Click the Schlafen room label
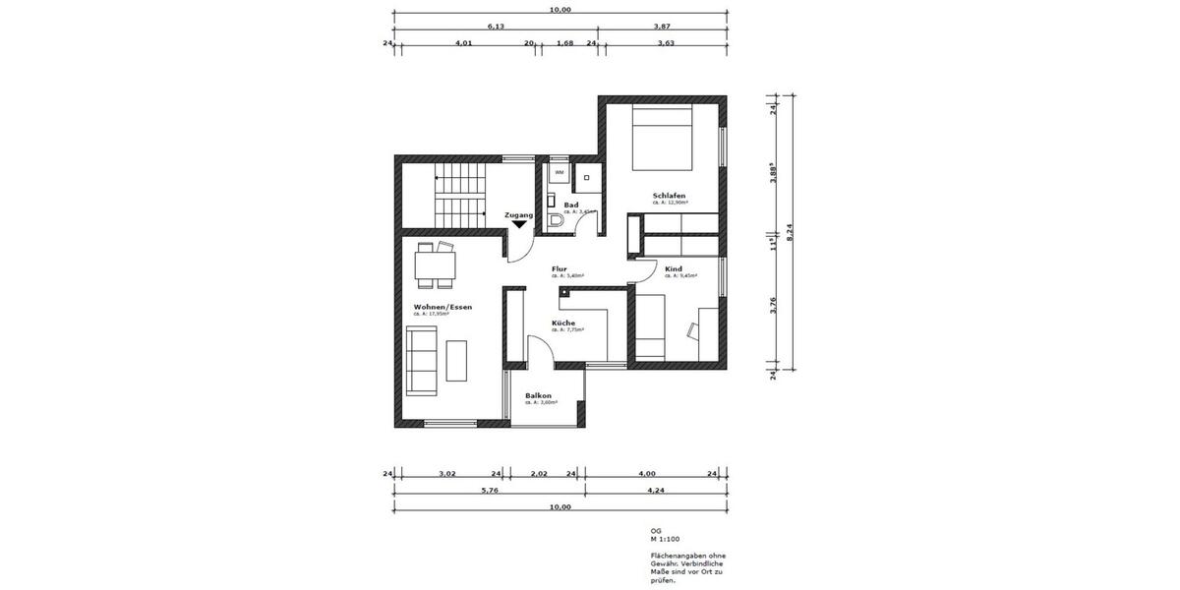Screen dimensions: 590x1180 pos(669,196)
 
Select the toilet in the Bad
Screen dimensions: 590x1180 pos(557,220)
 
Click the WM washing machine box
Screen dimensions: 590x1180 pos(559,173)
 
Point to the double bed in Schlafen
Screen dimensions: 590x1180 pos(664,139)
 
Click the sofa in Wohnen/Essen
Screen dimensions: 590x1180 pos(423,360)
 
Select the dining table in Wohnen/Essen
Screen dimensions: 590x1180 pos(435,265)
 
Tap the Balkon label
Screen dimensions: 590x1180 pos(538,395)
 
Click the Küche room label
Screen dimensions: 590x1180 pos(563,323)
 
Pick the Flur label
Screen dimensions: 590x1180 pos(560,268)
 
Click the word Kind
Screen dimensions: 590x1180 pos(674,268)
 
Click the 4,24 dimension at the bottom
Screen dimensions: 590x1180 pos(655,491)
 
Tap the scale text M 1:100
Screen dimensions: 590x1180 pos(666,540)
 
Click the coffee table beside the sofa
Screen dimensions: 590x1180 pos(458,360)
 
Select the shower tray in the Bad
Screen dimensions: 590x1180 pos(587,178)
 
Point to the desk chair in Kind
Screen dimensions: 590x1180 pos(694,330)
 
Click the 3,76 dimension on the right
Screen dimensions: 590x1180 pos(774,307)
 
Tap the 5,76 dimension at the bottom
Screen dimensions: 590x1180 pos(488,491)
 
